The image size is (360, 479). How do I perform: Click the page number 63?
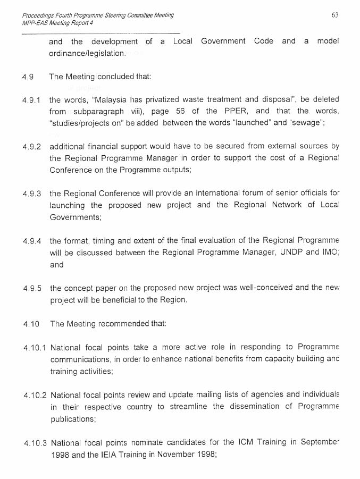click(x=334, y=15)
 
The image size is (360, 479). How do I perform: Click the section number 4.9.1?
click(x=31, y=100)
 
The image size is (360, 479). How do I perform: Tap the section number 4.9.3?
click(x=31, y=194)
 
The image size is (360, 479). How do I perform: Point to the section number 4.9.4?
click(x=31, y=241)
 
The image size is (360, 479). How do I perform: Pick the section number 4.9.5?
click(x=32, y=288)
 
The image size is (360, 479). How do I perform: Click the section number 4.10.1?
click(x=35, y=348)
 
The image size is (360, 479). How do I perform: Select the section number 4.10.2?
click(x=35, y=395)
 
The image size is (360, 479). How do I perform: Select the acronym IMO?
click(x=329, y=253)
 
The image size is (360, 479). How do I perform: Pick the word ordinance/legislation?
click(x=88, y=53)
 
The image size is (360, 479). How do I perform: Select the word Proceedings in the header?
click(x=37, y=15)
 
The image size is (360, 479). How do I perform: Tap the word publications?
click(x=73, y=419)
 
